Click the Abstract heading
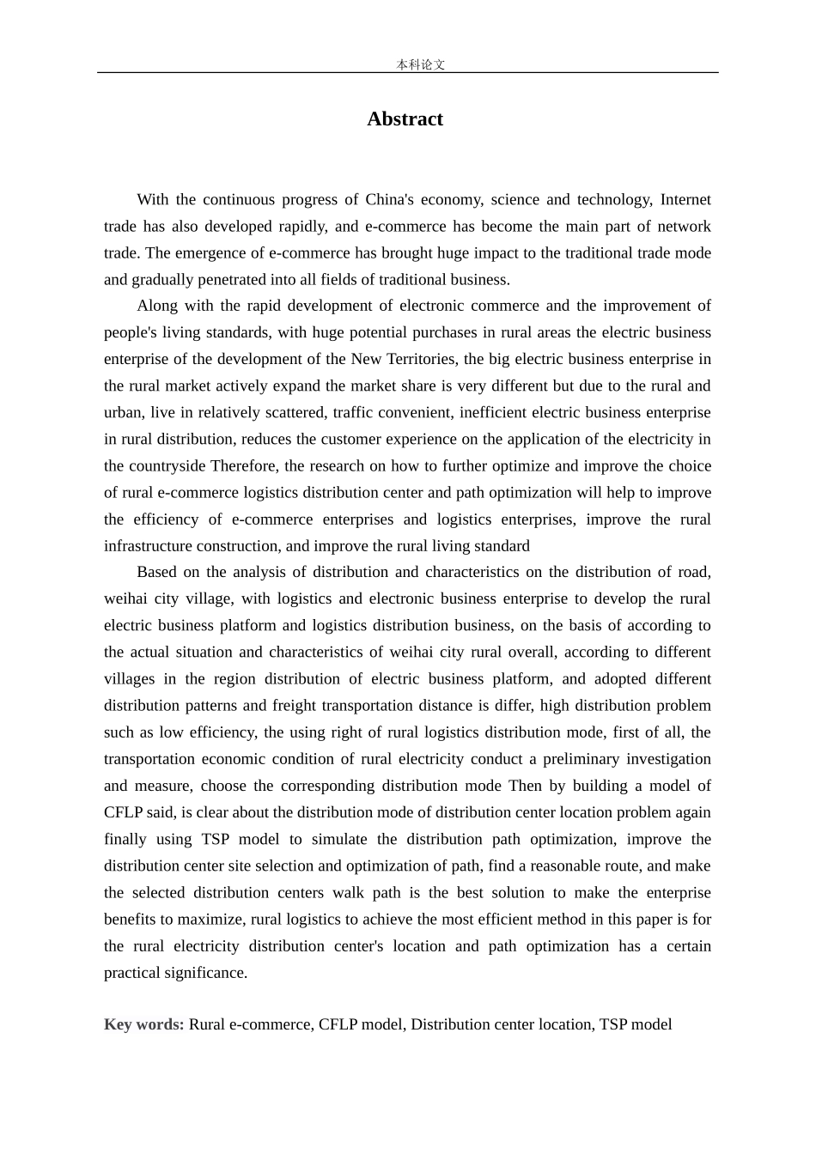405,119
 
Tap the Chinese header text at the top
421,64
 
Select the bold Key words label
143,1024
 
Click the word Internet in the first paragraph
685,200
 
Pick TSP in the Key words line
613,1024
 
